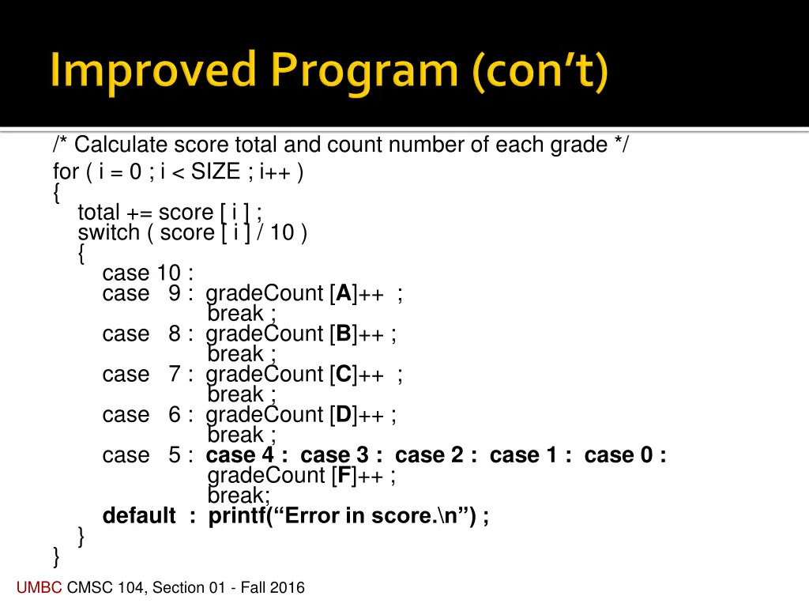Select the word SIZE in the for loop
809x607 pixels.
coord(215,172)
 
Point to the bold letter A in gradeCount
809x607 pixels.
coord(344,294)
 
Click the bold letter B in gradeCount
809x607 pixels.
coord(344,334)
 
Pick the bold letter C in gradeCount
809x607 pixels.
coord(344,375)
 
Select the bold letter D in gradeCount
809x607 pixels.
coord(344,415)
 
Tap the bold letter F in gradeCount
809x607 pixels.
coord(343,476)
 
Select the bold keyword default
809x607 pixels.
coord(139,516)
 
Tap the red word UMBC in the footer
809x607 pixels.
coord(40,587)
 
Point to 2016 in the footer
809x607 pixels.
coord(288,587)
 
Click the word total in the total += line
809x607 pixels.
coord(98,212)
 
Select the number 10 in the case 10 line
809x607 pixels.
coord(168,273)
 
